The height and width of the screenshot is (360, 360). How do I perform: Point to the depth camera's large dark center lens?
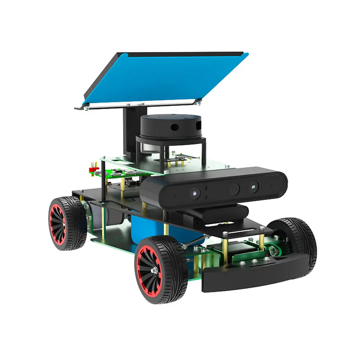pyautogui.click(x=234, y=188)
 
